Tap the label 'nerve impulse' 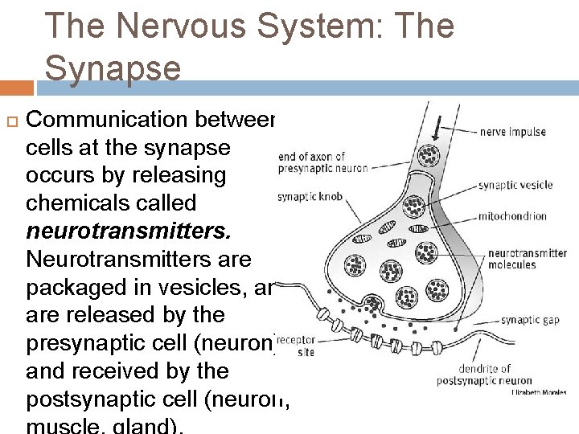tap(512, 132)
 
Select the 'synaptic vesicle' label tap(515, 185)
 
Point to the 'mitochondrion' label tap(512, 215)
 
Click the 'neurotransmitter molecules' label tap(527, 259)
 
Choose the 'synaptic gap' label tap(530, 320)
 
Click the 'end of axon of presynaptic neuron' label tap(322, 162)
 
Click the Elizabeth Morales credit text tap(539, 393)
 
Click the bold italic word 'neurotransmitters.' tap(129, 231)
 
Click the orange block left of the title tap(17, 88)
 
